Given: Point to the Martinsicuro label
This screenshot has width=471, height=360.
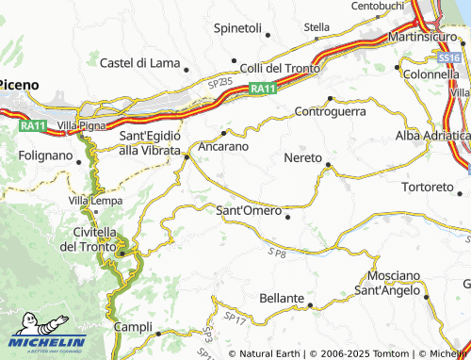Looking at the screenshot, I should point(424,38).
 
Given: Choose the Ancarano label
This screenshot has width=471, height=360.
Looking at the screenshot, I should point(223,147).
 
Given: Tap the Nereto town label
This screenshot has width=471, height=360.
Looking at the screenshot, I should point(302,157).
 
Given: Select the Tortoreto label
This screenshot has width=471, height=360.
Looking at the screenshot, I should point(429,186).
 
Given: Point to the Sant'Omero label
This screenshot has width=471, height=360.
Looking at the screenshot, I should point(249,210).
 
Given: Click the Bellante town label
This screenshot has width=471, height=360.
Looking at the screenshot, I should point(281,299).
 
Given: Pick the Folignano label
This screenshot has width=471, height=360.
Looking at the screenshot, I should point(45,155).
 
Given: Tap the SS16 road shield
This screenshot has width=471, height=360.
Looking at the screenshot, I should point(450,58).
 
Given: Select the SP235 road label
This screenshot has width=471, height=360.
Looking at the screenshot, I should point(219,84).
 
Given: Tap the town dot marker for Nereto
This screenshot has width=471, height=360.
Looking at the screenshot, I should point(328,166).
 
